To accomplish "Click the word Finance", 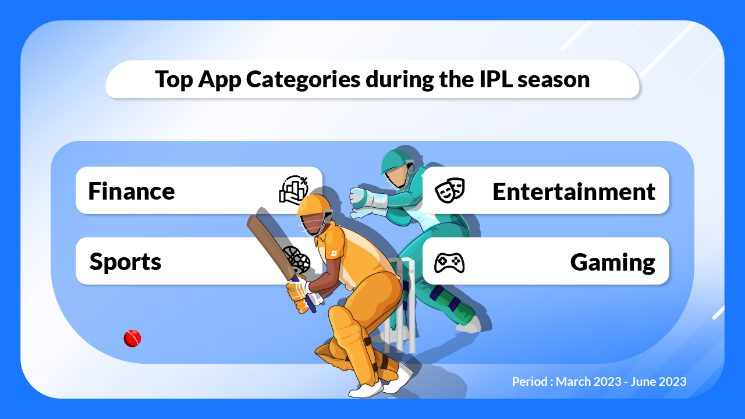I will [x=131, y=191].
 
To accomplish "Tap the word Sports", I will [x=125, y=262].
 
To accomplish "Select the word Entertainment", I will [x=574, y=191].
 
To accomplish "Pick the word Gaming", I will [x=612, y=262].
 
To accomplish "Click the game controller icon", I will [x=449, y=262].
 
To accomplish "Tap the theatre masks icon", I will [x=450, y=190].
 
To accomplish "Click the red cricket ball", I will [x=133, y=338].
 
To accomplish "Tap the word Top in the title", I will [x=173, y=79].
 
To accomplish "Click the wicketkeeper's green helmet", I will [x=396, y=160].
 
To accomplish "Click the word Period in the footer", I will [x=530, y=382].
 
